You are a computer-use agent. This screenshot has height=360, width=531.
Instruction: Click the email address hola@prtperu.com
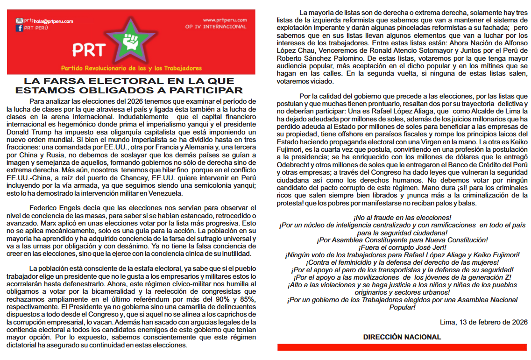pos(53,21)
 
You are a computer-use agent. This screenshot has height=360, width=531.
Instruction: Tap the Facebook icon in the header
pos(19,28)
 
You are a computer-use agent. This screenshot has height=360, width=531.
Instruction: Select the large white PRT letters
pos(89,50)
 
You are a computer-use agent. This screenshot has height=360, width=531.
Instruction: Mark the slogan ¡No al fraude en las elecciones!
pos(402,218)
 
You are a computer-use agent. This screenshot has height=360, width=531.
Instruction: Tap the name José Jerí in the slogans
pos(431,247)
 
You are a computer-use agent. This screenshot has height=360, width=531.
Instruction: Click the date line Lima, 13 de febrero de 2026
pos(484,322)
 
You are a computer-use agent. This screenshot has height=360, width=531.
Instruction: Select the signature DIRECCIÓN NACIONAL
pos(402,337)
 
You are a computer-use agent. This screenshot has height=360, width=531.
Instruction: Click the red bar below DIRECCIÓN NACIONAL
pos(402,347)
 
